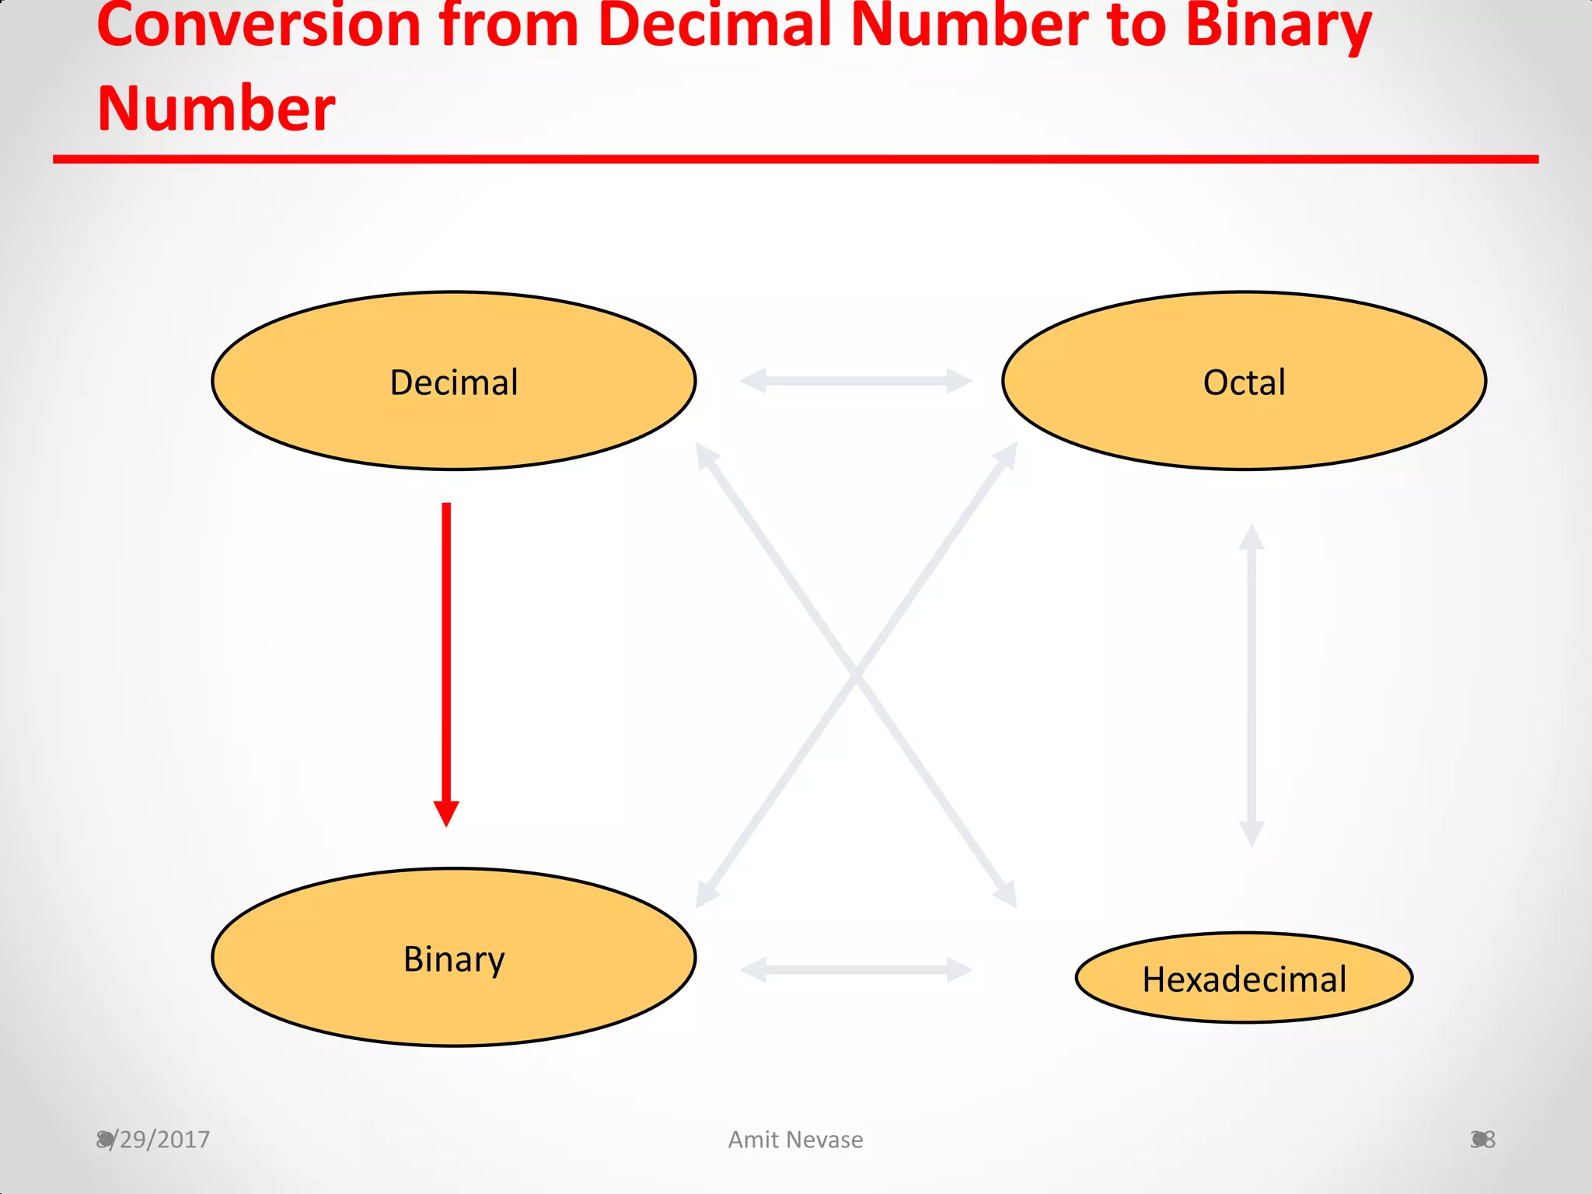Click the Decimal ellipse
tap(454, 381)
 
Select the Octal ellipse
tap(1244, 381)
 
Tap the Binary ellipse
tap(454, 958)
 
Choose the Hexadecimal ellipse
tap(1244, 978)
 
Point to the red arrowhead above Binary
tap(446, 813)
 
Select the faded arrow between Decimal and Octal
tap(856, 381)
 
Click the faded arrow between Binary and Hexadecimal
tap(856, 969)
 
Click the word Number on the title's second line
tap(216, 109)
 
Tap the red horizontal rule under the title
tap(795, 159)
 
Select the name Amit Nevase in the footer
tap(795, 1140)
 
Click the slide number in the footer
tap(1482, 1140)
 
